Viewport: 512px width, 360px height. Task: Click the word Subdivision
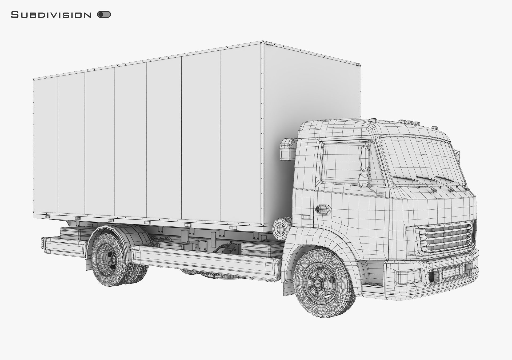coord(51,15)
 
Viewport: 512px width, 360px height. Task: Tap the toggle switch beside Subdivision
coord(104,14)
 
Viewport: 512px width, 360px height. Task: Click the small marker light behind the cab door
coord(306,217)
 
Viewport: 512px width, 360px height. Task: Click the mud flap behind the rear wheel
coord(89,264)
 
